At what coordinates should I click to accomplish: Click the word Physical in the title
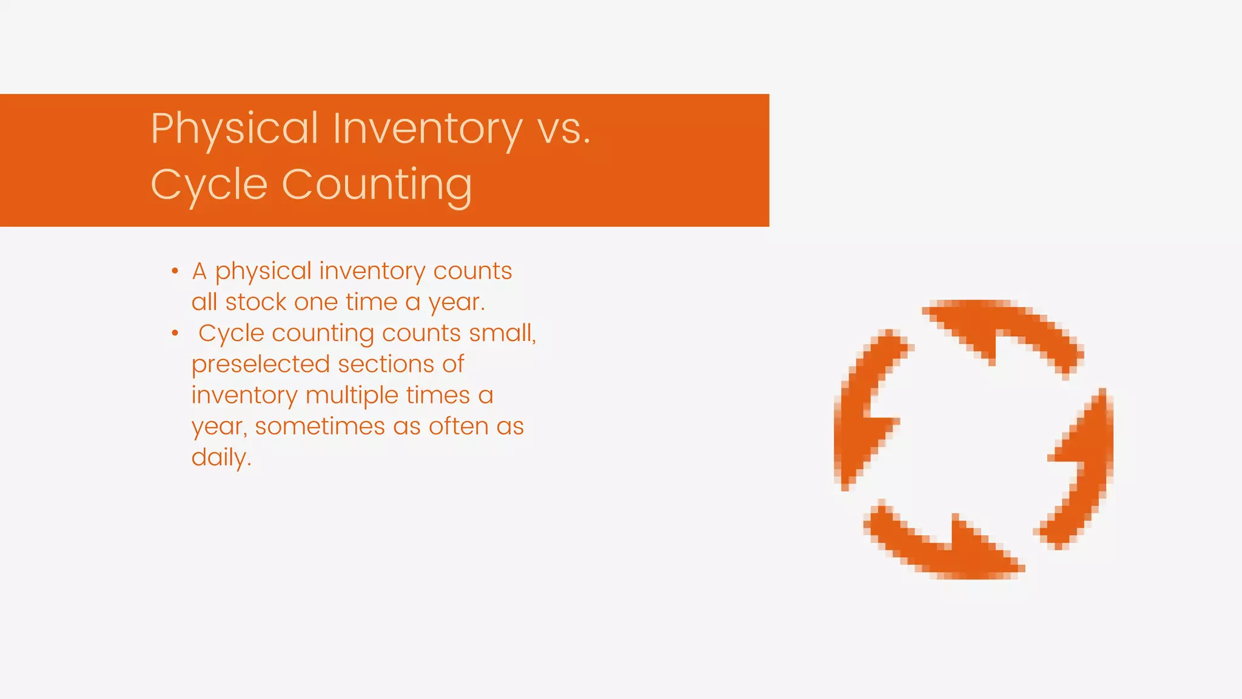234,129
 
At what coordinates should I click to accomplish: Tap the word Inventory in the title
427,129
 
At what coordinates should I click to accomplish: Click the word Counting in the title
377,184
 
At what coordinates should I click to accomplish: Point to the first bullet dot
175,271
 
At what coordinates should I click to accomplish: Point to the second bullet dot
175,333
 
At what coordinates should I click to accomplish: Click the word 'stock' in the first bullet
255,302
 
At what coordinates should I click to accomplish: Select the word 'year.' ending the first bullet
457,302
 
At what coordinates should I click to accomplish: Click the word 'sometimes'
320,427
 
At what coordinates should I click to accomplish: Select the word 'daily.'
221,458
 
